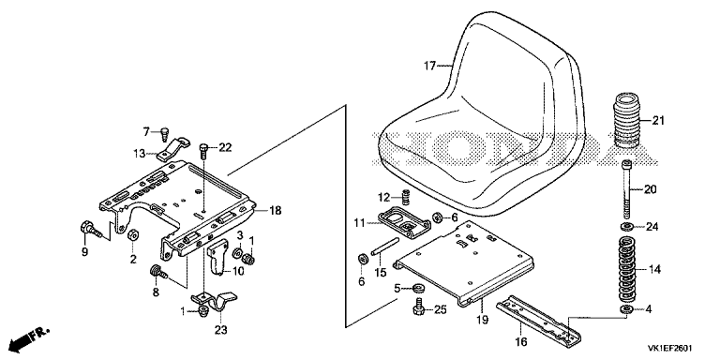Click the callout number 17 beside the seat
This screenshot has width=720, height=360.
pos(428,67)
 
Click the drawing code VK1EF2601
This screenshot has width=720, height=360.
pos(670,348)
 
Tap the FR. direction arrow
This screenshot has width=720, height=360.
pos(29,337)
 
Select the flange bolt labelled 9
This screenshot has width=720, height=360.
pos(92,230)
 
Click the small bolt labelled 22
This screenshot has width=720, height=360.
pos(203,151)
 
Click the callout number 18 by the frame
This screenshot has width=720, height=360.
pos(275,211)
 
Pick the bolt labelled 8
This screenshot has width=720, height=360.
pos(158,273)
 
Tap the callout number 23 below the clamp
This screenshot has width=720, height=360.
pos(222,330)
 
